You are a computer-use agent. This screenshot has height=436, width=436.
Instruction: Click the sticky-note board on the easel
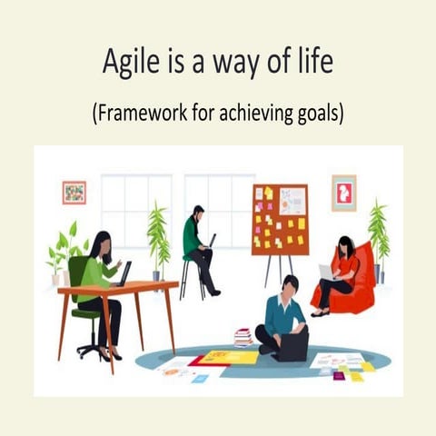tap(280, 219)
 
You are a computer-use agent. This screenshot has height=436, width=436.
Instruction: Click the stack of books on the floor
tap(243, 337)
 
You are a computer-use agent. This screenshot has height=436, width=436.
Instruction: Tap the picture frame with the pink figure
tap(343, 193)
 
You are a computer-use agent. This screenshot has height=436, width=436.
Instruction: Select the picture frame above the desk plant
tap(74, 193)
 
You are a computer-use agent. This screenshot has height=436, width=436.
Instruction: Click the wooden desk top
tap(118, 289)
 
